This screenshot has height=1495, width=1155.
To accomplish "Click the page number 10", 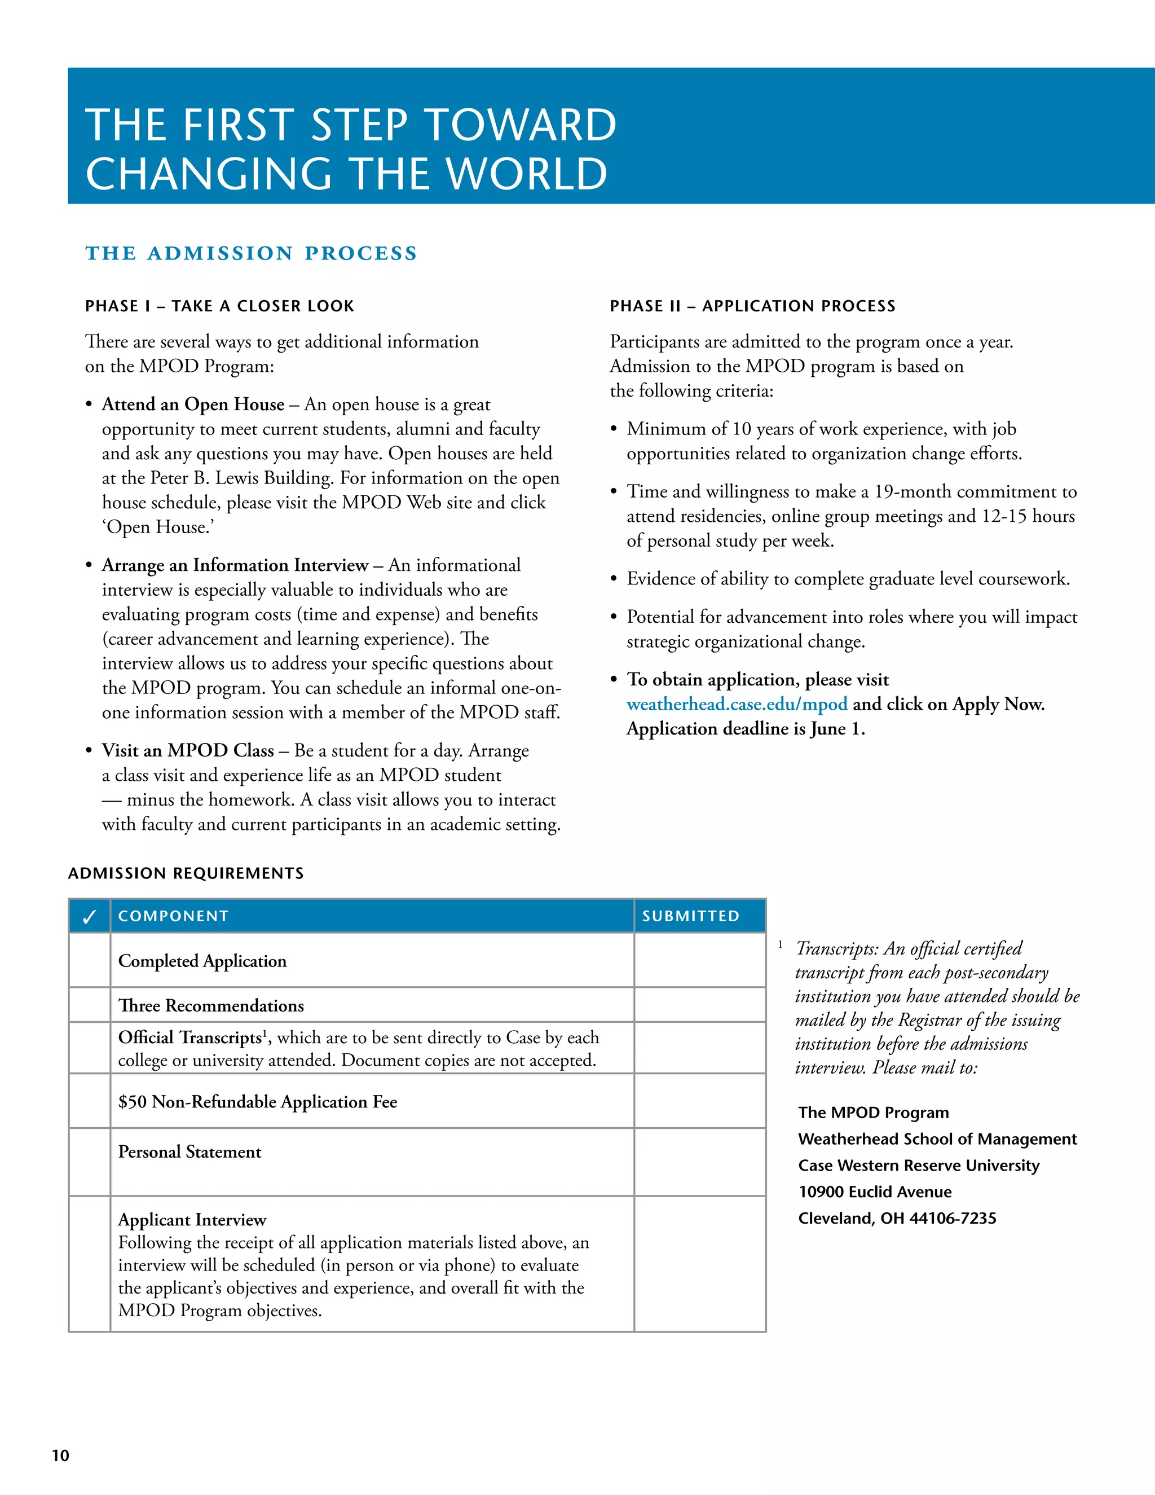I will (x=60, y=1456).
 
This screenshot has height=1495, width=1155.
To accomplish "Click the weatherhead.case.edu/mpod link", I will (x=737, y=705).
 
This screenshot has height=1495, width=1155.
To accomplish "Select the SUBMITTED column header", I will (x=690, y=916).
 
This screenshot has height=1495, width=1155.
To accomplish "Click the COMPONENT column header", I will (x=173, y=916).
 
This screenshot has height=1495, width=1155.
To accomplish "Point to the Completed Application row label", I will (x=202, y=961).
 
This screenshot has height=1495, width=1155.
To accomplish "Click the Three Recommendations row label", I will (x=211, y=1005).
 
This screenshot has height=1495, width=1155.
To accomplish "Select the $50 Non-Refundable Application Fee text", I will (x=257, y=1102).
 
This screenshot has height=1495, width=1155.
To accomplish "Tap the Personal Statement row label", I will (x=189, y=1152).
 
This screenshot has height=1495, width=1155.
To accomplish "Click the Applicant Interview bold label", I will (x=192, y=1220).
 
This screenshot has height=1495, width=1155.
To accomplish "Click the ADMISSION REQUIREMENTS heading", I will (x=186, y=873).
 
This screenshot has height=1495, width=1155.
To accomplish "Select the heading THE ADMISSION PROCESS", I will (x=251, y=253).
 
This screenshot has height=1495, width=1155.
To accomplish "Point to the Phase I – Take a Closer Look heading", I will (x=219, y=306).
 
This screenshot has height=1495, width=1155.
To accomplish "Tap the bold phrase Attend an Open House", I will (x=193, y=404).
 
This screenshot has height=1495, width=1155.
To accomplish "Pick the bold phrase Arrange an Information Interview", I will (x=235, y=565).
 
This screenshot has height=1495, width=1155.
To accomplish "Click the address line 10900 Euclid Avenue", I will (x=875, y=1191).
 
